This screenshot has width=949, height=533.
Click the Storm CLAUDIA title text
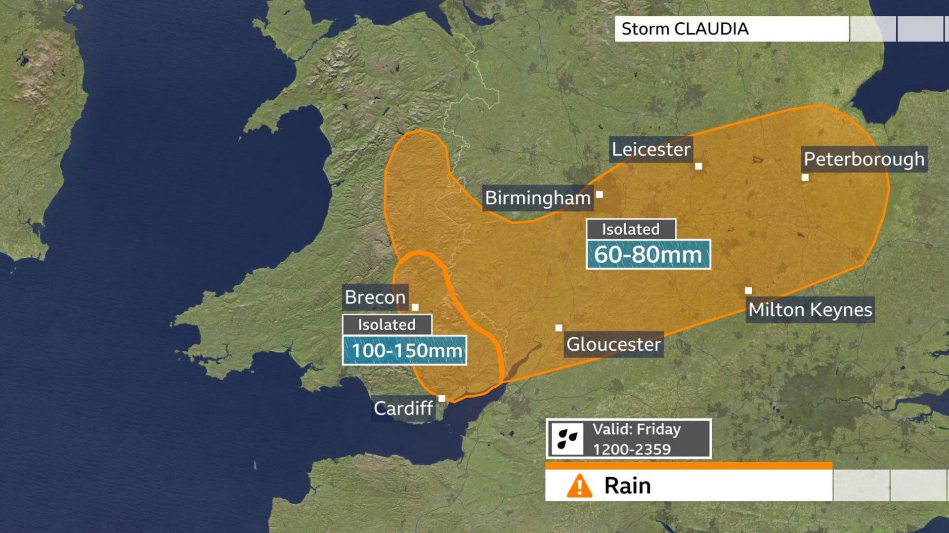[x=685, y=29]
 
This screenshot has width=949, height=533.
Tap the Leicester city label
[x=650, y=149]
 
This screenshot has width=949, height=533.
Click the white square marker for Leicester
[x=698, y=166]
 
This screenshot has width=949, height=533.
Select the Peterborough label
[x=863, y=159]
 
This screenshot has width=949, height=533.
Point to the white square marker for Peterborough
[x=805, y=178]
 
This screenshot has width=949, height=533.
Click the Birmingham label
[x=537, y=198]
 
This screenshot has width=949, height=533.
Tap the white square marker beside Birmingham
[x=600, y=195]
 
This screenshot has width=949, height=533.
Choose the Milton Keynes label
[x=810, y=310]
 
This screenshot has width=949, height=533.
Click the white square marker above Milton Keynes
[x=748, y=291]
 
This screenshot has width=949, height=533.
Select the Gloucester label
[x=613, y=344]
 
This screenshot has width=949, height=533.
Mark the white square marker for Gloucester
[x=559, y=328]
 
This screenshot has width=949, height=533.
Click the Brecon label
[x=375, y=297]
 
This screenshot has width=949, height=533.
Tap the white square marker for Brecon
[x=415, y=307]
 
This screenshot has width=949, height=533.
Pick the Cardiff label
[x=403, y=409]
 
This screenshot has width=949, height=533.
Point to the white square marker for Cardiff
[x=442, y=399]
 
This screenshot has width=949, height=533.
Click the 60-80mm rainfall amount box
[x=648, y=255]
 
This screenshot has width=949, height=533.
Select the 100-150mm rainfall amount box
[x=404, y=351]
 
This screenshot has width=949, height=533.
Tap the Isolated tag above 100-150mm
[x=387, y=325]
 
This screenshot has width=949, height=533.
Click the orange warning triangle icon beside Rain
[x=579, y=486]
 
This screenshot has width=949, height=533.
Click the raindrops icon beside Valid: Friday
[x=567, y=439]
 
